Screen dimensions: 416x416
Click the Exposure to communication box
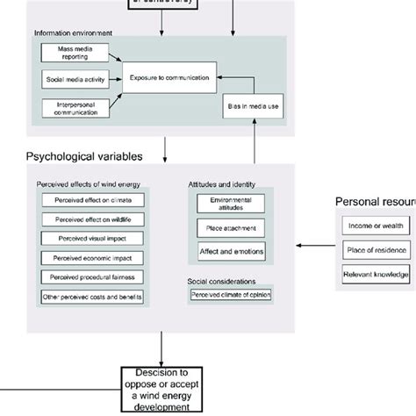pos(170,78)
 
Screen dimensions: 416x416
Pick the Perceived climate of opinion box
pos(232,296)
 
